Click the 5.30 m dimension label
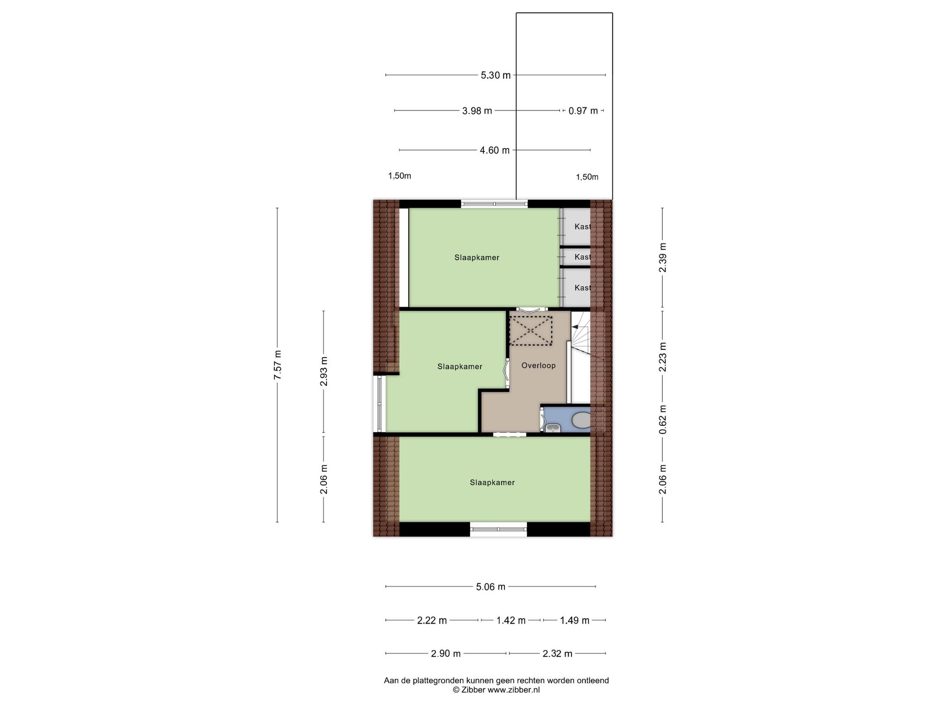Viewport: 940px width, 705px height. pyautogui.click(x=496, y=75)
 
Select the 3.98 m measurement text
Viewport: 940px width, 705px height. pyautogui.click(x=477, y=111)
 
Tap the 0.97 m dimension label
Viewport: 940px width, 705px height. pyautogui.click(x=583, y=111)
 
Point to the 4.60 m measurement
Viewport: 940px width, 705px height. pyautogui.click(x=495, y=150)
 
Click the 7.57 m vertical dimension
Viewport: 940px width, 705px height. pyautogui.click(x=277, y=365)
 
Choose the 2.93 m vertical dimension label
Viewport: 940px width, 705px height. pyautogui.click(x=324, y=371)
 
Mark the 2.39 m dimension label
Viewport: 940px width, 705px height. pyautogui.click(x=662, y=257)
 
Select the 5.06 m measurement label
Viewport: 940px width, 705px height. pyautogui.click(x=490, y=587)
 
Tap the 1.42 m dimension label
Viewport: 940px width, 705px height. pyautogui.click(x=511, y=621)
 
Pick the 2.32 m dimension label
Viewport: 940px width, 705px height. pyautogui.click(x=557, y=654)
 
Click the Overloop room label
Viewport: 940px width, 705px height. pyautogui.click(x=538, y=366)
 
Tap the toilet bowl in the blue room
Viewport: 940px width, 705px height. pyautogui.click(x=582, y=420)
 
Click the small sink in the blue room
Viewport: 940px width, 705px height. pyautogui.click(x=553, y=428)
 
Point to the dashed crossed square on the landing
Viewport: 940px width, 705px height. pyautogui.click(x=531, y=330)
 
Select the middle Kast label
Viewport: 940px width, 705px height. pyautogui.click(x=582, y=257)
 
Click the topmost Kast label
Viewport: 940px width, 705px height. pyautogui.click(x=582, y=227)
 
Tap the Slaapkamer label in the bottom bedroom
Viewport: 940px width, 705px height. pyautogui.click(x=492, y=483)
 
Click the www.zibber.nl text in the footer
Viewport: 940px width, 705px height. pyautogui.click(x=513, y=689)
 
